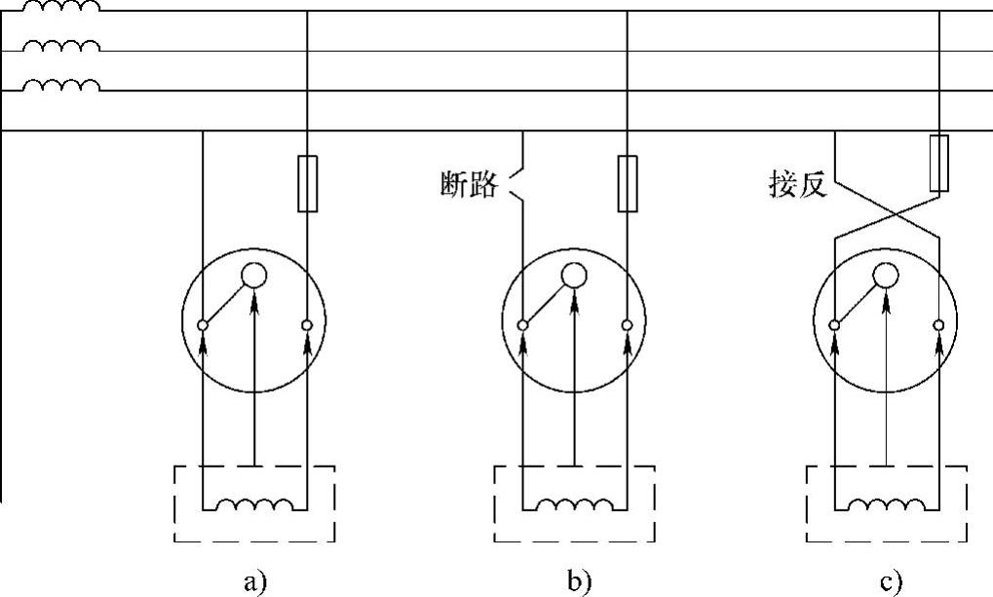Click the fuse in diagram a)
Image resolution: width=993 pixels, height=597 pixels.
click(x=306, y=182)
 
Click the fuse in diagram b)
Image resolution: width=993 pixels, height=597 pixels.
click(x=627, y=182)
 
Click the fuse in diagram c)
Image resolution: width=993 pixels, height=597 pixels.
click(x=939, y=164)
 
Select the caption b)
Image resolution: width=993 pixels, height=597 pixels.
click(x=578, y=581)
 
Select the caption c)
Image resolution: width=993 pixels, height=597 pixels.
click(x=890, y=581)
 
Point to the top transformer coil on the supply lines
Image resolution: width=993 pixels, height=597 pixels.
click(x=60, y=7)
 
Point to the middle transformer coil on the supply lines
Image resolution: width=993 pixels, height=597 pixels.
click(x=60, y=46)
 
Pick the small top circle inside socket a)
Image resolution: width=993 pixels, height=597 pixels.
click(x=254, y=276)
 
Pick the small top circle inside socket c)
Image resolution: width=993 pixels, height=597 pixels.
click(x=886, y=276)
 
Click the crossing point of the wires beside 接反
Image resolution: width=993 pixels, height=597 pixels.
click(x=886, y=213)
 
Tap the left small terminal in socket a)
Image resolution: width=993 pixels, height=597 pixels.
click(x=203, y=324)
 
